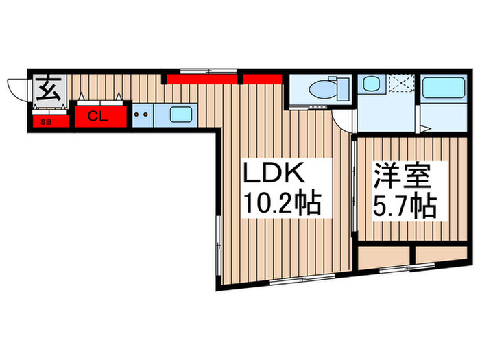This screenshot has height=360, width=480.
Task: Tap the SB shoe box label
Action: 46,122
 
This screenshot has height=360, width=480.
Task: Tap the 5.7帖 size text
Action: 405,205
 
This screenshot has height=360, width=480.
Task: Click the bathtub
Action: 443,91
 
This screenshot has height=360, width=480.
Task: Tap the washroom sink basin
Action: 371,86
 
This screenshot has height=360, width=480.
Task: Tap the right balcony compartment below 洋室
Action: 440,256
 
